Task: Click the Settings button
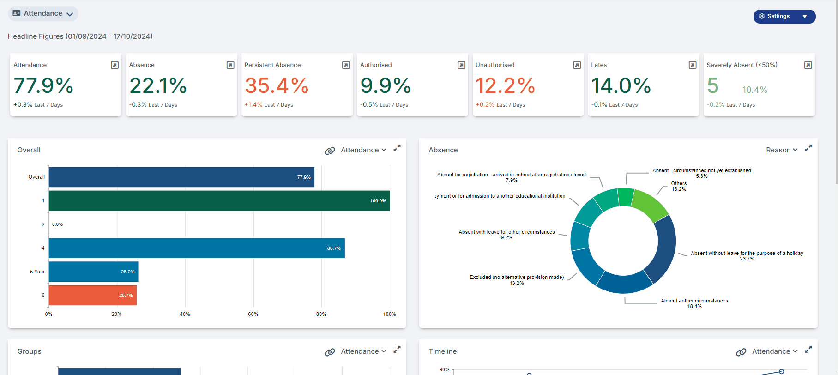click(x=784, y=16)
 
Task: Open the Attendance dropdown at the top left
click(x=43, y=14)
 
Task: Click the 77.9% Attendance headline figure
click(x=43, y=85)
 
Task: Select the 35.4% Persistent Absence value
click(x=277, y=85)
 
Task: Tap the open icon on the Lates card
click(x=692, y=65)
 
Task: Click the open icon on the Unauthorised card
click(x=577, y=65)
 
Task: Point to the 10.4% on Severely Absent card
click(x=754, y=90)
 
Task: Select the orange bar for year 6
click(x=93, y=296)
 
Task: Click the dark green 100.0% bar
click(x=219, y=201)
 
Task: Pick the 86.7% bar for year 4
click(x=197, y=248)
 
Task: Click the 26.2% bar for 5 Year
click(x=94, y=272)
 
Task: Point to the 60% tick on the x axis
click(x=253, y=314)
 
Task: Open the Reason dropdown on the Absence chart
click(x=782, y=150)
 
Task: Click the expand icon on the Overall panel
click(x=397, y=149)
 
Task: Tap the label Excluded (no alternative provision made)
click(x=517, y=277)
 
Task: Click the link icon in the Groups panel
click(x=330, y=352)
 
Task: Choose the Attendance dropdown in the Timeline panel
click(x=775, y=351)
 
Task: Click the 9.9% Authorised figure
click(x=386, y=85)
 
